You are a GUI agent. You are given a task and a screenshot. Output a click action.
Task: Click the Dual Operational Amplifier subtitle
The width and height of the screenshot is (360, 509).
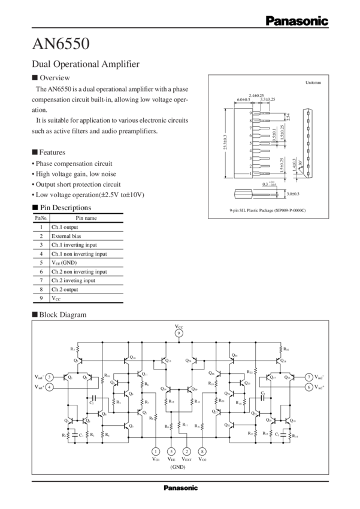point(85,63)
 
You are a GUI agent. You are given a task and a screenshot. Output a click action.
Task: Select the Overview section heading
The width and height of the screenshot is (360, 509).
point(54,78)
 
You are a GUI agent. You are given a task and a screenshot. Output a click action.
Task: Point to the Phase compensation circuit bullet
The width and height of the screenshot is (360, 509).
point(72,163)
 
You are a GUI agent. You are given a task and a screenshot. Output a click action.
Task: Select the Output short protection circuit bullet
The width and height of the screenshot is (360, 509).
point(77,184)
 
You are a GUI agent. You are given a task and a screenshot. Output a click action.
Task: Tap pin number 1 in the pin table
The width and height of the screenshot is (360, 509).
point(40,228)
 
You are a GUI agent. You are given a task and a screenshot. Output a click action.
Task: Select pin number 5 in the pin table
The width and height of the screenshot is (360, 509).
point(40,262)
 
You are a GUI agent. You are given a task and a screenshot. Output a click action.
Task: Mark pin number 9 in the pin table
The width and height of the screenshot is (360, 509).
point(40,297)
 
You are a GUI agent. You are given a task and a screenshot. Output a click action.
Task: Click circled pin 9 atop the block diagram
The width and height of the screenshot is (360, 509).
point(178,334)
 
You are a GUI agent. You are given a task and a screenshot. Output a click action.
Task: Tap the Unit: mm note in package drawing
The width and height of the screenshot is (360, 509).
point(313,81)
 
